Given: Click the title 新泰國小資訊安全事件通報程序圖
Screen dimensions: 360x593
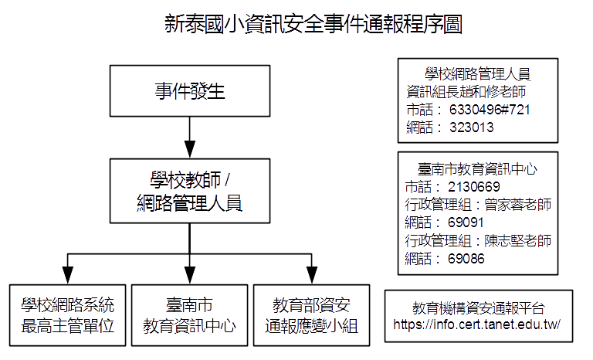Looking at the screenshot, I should point(313,25).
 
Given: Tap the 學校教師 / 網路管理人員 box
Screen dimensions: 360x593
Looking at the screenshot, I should point(189,192).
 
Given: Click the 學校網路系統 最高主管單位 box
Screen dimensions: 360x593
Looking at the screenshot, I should point(67,314).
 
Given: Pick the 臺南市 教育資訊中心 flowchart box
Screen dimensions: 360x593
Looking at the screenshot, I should point(189,314).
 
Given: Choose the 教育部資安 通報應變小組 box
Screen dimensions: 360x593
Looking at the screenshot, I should point(311,314).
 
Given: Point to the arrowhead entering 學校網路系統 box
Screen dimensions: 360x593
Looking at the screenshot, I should point(67,276).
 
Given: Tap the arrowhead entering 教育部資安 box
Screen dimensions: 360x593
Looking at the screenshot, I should point(311,276).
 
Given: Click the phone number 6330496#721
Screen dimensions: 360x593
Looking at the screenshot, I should point(490,109).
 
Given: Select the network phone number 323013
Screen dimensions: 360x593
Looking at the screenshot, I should point(471,127).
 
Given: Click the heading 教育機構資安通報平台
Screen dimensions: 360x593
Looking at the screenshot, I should point(476,307).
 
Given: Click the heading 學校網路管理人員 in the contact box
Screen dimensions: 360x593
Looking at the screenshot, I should point(477,74).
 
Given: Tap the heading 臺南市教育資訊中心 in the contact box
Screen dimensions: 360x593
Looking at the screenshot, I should point(477,169).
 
